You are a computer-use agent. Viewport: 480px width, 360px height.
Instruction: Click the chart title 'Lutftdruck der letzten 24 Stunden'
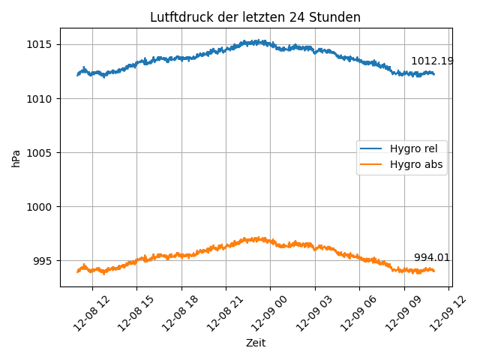tap(255, 17)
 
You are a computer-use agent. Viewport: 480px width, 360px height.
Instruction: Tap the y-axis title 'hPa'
tap(16, 157)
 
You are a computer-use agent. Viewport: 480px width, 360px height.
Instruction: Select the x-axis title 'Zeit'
tap(256, 343)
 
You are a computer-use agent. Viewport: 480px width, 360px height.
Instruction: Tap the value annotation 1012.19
tap(432, 61)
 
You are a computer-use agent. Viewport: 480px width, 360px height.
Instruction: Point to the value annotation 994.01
tap(432, 257)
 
